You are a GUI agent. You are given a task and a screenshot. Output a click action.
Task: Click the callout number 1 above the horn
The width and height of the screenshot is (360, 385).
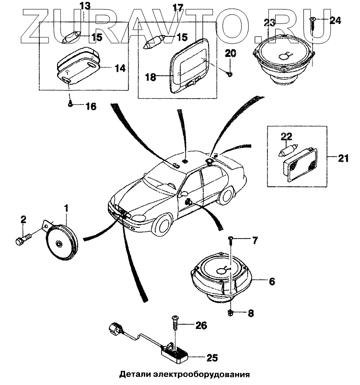pos(66,208)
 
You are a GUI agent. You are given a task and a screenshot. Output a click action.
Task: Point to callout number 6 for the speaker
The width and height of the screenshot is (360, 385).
pos(271,282)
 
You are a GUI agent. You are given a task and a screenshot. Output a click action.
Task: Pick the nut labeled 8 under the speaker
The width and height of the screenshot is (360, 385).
pos(231,313)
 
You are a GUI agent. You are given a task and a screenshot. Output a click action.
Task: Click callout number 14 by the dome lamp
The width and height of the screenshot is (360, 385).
pos(120,68)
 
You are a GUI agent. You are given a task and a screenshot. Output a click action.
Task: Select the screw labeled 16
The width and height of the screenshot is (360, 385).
pos(71,102)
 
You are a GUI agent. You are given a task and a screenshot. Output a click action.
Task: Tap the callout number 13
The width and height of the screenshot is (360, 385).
pos(84,7)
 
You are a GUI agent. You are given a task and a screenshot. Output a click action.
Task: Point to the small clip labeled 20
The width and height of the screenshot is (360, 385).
pos(230,73)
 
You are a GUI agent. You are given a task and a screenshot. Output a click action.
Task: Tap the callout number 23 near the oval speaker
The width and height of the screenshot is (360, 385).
pos(269,22)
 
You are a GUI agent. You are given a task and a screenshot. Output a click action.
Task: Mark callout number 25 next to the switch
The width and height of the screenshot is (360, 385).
pos(212,357)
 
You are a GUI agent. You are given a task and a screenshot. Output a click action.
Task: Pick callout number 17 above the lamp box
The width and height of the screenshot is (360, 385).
pos(178,8)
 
